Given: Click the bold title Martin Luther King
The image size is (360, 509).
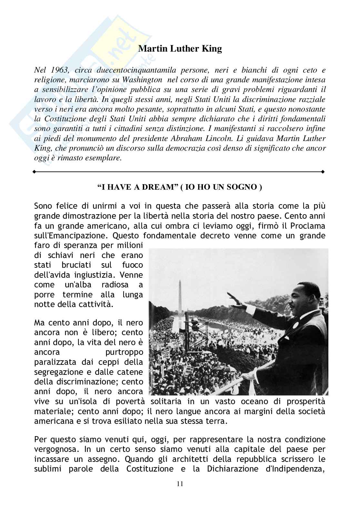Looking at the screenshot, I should pos(180,49).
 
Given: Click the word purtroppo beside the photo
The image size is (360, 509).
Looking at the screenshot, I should pos(124,352).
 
